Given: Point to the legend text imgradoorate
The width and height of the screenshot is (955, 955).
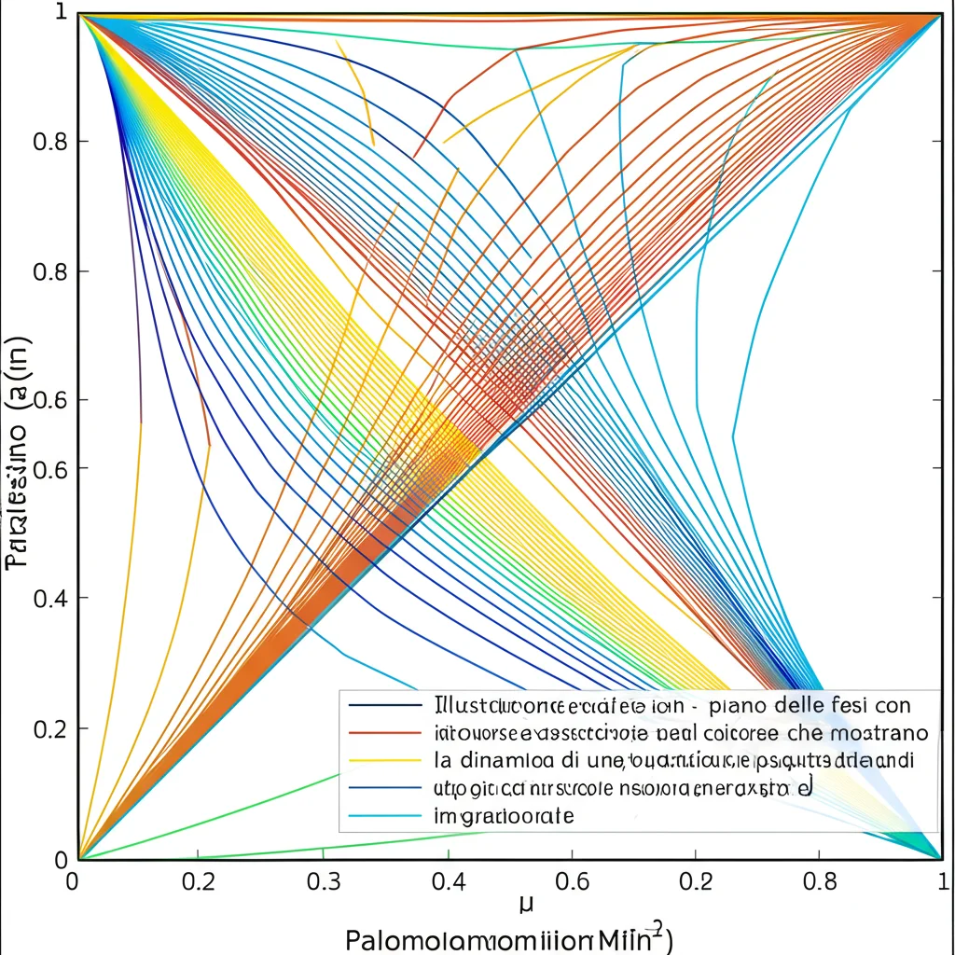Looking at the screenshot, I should click(505, 817).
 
